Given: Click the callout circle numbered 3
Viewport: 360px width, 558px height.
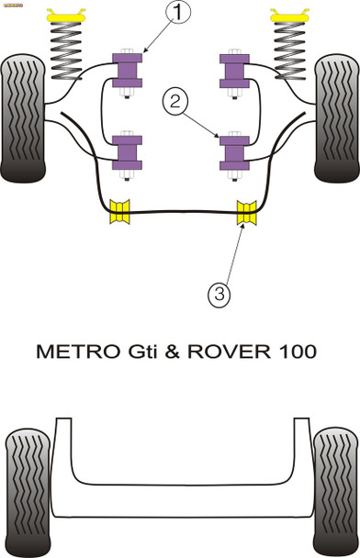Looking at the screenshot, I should [219, 294].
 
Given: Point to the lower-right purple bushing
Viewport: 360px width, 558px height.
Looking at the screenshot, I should [233, 151].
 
